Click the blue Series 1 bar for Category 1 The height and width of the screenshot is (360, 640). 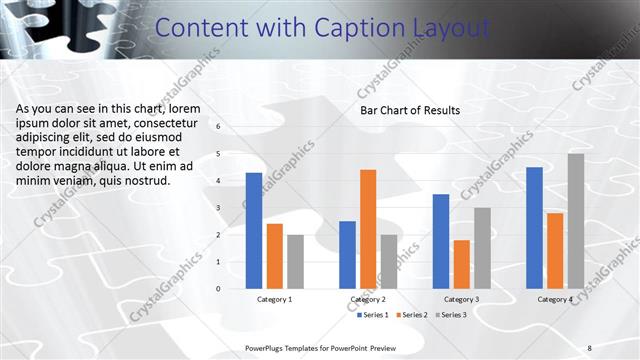pyautogui.click(x=254, y=230)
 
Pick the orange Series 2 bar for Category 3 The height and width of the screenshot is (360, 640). pyautogui.click(x=461, y=264)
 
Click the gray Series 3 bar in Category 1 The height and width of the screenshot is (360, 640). pyautogui.click(x=295, y=261)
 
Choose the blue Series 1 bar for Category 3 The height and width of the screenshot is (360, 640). pyautogui.click(x=441, y=241)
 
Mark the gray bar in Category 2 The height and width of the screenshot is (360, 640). pyautogui.click(x=388, y=261)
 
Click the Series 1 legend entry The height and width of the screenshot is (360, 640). pyautogui.click(x=374, y=315)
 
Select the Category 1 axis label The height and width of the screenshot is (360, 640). pyautogui.click(x=275, y=299)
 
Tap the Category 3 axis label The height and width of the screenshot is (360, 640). pyautogui.click(x=461, y=299)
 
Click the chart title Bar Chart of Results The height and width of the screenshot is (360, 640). pyautogui.click(x=410, y=110)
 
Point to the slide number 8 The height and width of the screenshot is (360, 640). pyautogui.click(x=590, y=347)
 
